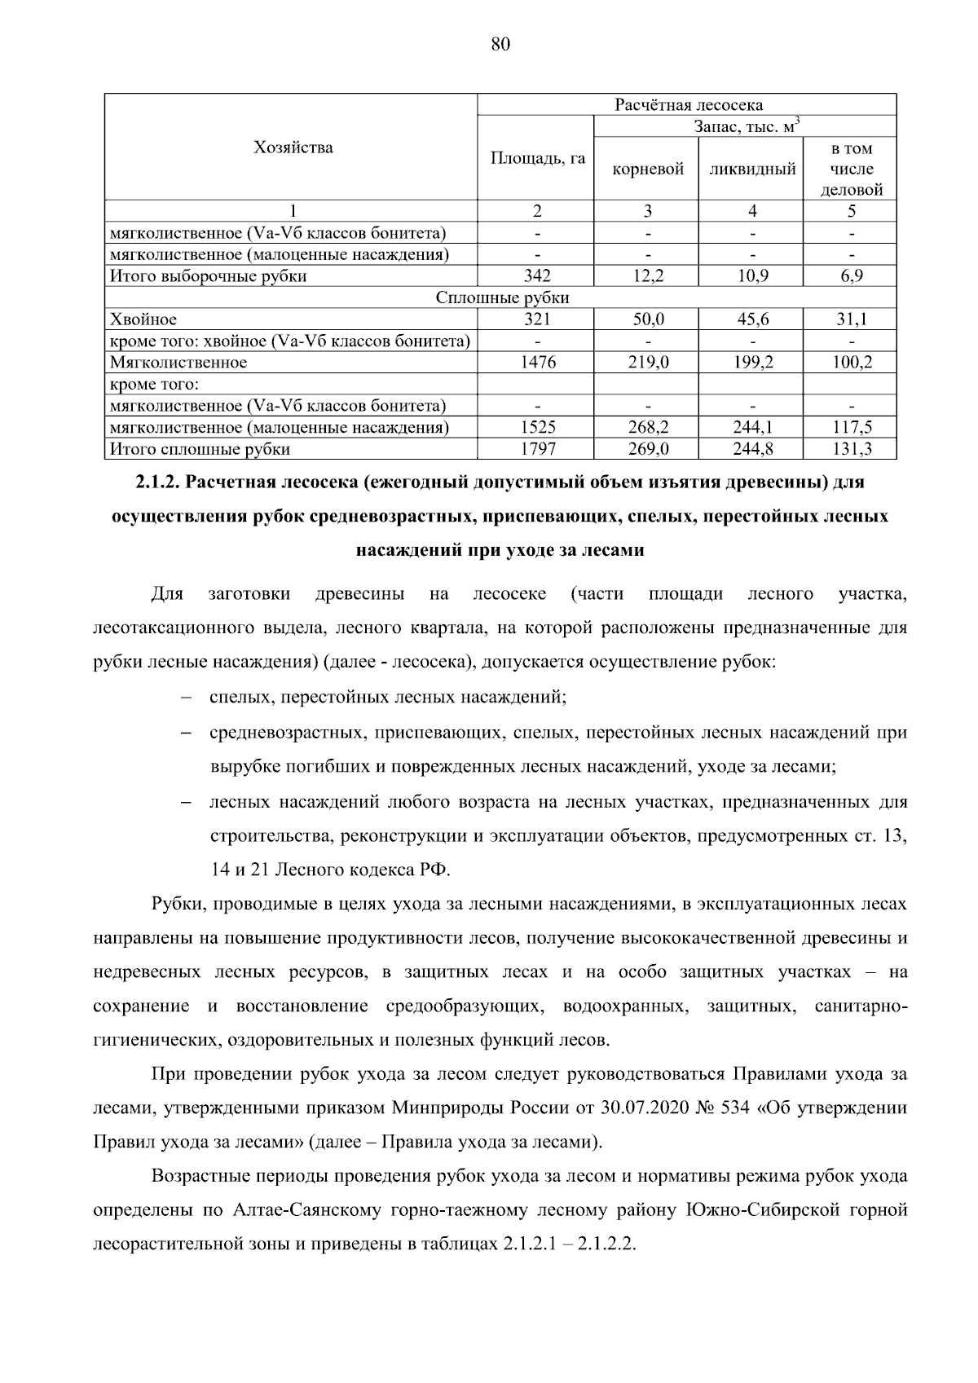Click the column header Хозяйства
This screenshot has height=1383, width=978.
coord(293,148)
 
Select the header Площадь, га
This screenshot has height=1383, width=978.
coord(537,158)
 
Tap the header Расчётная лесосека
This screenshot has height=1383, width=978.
coord(688,105)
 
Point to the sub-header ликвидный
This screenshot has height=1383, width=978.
coord(752,170)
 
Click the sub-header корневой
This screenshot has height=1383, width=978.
coord(647,170)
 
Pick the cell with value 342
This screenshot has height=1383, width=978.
coord(537,276)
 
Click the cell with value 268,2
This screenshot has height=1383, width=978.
coord(647,427)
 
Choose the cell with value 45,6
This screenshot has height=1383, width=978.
coord(752,319)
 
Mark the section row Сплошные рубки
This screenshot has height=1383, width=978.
coord(501,298)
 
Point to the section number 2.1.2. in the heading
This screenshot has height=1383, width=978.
coord(159,482)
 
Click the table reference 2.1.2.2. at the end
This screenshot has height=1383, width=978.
coord(605,1245)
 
